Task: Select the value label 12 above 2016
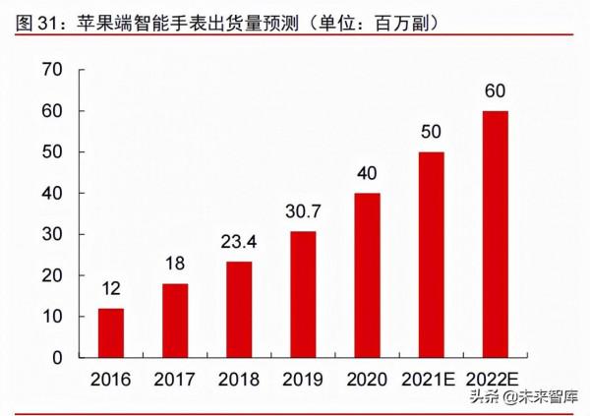click(x=111, y=290)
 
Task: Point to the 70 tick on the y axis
click(x=52, y=70)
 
